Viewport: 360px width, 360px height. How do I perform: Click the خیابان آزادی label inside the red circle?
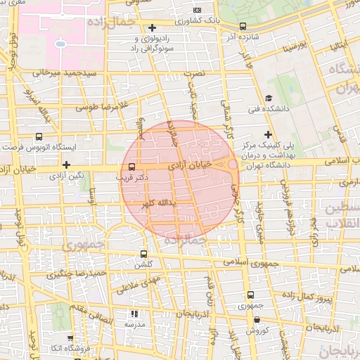[x=191, y=165]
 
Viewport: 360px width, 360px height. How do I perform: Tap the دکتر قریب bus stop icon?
[x=131, y=167]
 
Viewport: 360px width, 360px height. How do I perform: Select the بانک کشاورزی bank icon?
[x=197, y=10]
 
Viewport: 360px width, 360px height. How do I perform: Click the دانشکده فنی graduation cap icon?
[x=269, y=98]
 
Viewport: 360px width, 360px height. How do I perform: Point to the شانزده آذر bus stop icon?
[x=243, y=26]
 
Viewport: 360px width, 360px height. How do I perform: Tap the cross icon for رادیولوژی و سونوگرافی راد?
[x=152, y=27]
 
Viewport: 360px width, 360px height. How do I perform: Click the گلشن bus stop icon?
[x=143, y=255]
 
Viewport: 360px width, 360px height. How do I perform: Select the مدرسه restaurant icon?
[x=134, y=314]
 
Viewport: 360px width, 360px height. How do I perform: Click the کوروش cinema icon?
[x=257, y=319]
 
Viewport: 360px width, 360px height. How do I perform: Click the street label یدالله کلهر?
[x=158, y=202]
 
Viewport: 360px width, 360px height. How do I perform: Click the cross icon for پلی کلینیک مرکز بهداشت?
[x=267, y=134]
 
